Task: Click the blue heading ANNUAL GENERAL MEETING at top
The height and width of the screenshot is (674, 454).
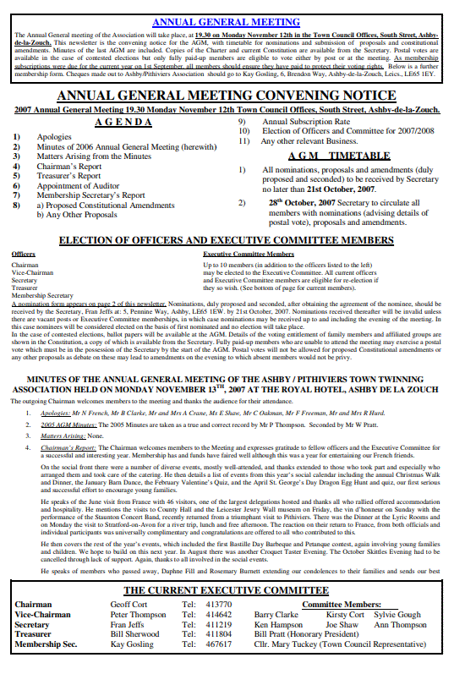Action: point(227,22)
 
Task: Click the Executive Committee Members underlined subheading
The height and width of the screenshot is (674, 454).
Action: point(249,254)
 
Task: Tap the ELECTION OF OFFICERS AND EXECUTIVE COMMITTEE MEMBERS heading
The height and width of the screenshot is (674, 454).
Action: point(227,240)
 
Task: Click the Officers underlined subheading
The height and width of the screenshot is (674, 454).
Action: point(23,254)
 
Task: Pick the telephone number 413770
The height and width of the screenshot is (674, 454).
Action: point(219,605)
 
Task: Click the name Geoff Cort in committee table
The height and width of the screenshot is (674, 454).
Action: point(129,605)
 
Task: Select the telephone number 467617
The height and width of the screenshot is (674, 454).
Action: point(219,644)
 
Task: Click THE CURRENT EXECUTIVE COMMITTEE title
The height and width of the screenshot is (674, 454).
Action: point(227,590)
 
